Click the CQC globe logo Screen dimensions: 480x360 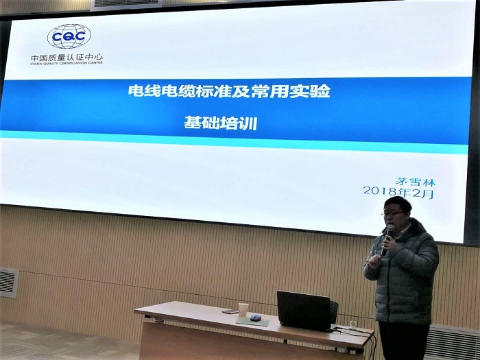(x=69, y=36)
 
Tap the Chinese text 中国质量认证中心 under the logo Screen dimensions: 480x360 (x=67, y=58)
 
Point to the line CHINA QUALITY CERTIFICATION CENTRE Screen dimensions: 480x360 (x=67, y=63)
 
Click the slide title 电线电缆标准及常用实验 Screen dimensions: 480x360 (x=229, y=91)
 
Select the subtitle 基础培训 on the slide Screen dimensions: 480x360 (x=220, y=123)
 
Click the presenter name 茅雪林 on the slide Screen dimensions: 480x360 (x=416, y=182)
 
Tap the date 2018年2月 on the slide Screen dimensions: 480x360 (x=398, y=192)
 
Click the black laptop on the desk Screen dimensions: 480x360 (x=304, y=311)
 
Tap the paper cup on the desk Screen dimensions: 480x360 (x=243, y=309)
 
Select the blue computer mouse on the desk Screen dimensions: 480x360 (x=256, y=317)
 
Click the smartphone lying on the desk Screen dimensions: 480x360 (x=230, y=311)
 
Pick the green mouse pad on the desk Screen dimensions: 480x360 (x=252, y=321)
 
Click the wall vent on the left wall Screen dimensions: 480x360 (x=8, y=283)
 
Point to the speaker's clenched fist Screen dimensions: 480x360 (x=374, y=262)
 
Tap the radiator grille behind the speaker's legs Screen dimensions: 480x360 (x=451, y=343)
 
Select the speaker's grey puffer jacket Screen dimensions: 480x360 (x=403, y=272)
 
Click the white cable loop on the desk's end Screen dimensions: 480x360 (x=353, y=324)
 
